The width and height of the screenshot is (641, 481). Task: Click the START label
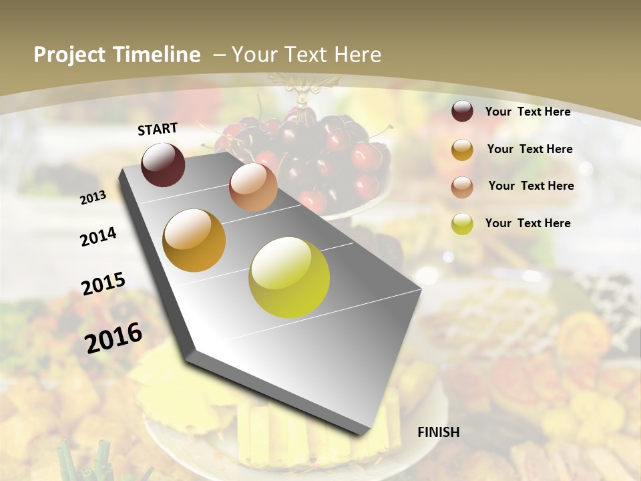(x=158, y=129)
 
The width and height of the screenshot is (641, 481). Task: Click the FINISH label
(x=439, y=432)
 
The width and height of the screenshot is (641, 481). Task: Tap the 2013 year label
(x=93, y=197)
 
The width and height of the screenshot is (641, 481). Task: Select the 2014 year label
(x=98, y=236)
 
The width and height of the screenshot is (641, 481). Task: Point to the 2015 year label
(x=103, y=284)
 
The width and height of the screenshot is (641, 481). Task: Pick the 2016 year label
(x=114, y=337)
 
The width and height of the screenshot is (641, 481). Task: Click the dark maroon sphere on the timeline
(x=163, y=164)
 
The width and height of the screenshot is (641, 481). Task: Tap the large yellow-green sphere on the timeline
(x=289, y=277)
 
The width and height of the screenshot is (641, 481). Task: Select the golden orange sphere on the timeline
(x=194, y=240)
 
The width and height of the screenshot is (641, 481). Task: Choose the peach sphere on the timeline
(x=253, y=187)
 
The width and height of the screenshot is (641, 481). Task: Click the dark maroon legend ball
(x=462, y=112)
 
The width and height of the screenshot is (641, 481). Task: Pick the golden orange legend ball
(x=462, y=150)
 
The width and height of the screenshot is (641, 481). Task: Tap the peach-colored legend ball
(x=462, y=186)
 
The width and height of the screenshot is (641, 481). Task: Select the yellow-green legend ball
(x=462, y=224)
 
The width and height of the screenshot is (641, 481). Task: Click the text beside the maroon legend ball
(x=527, y=112)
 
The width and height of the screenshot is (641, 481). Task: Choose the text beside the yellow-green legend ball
(x=527, y=223)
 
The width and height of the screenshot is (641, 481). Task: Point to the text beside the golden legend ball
(x=529, y=149)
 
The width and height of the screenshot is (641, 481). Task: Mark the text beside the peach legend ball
(x=531, y=186)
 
